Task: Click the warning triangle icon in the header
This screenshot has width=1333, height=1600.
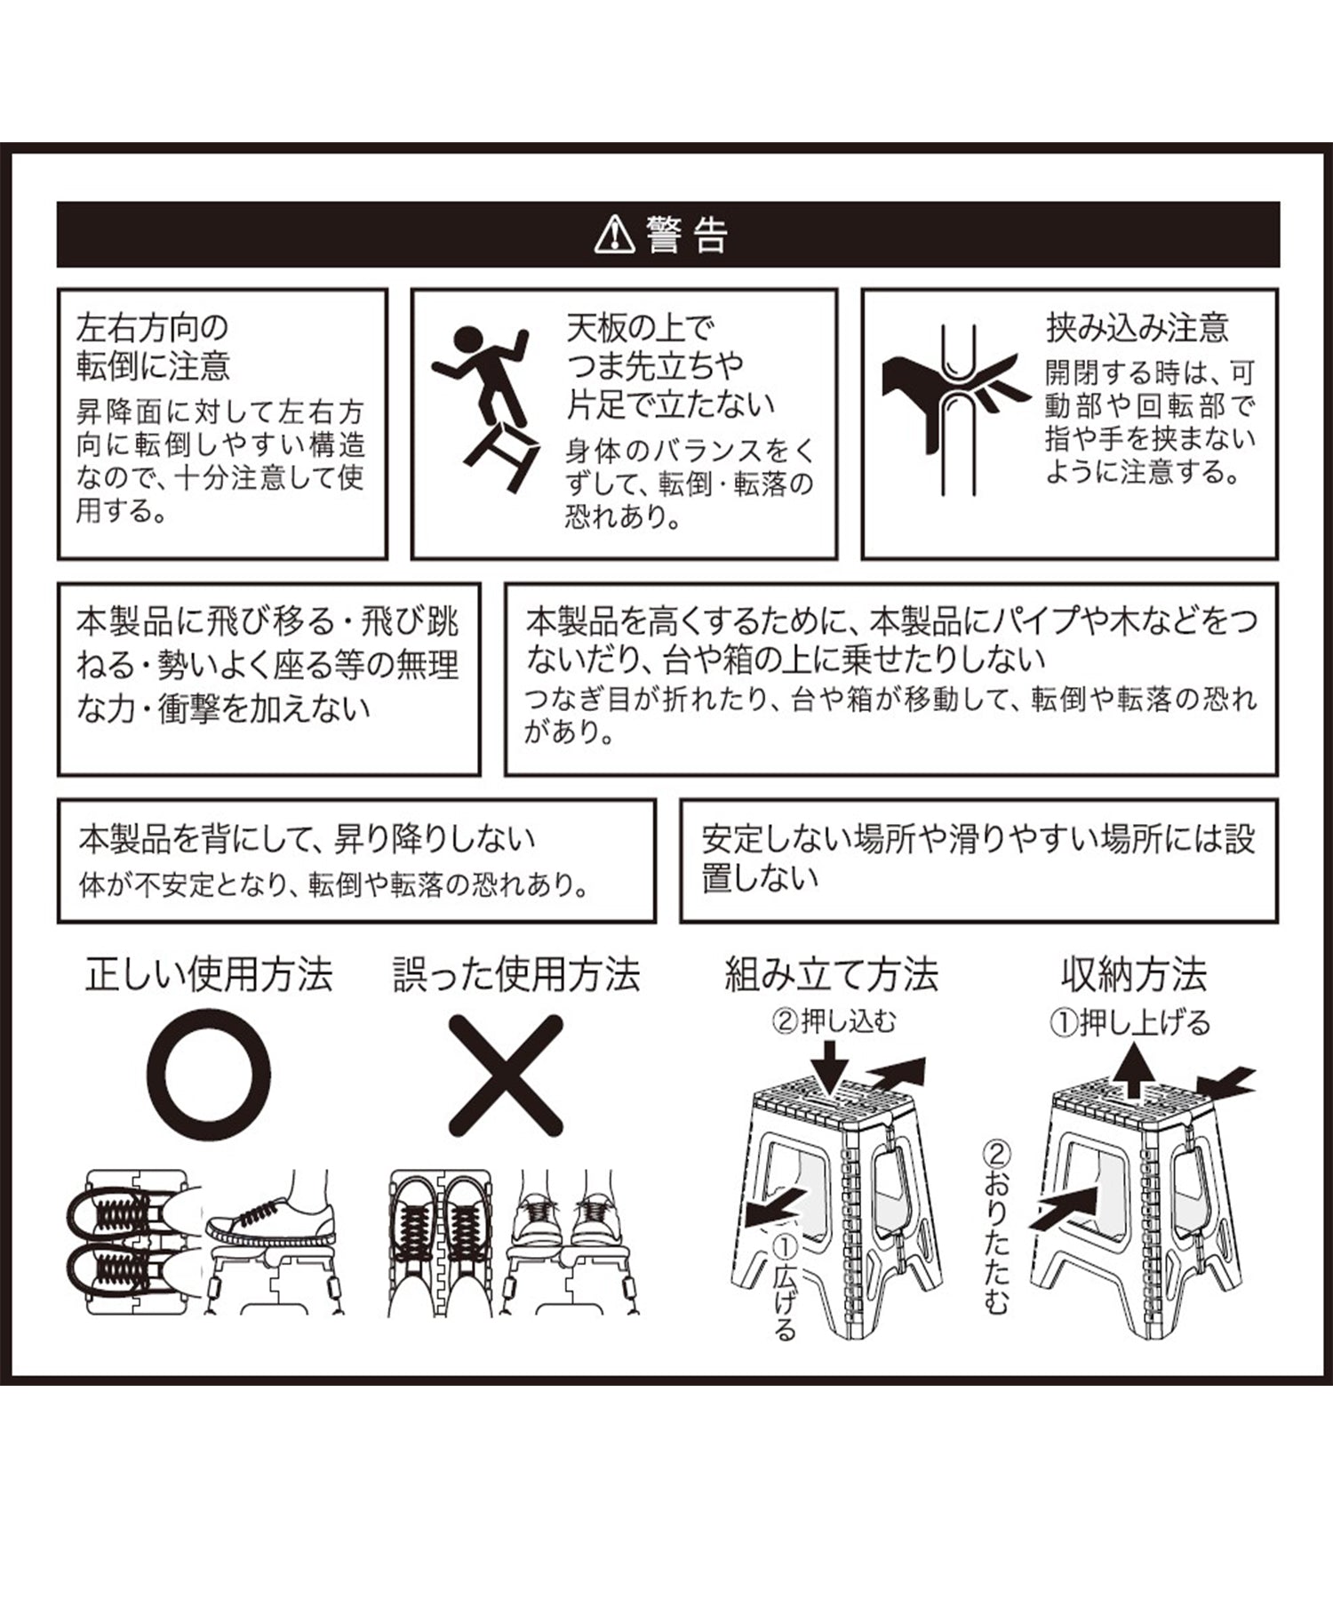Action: pyautogui.click(x=614, y=236)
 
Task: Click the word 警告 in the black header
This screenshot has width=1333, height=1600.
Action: pyautogui.click(x=688, y=236)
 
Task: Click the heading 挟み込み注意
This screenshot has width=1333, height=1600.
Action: pyautogui.click(x=1137, y=328)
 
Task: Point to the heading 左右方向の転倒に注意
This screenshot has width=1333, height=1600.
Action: pyautogui.click(x=153, y=347)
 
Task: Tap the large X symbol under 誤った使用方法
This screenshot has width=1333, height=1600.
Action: pyautogui.click(x=506, y=1076)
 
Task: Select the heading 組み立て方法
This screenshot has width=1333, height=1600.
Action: pyautogui.click(x=832, y=975)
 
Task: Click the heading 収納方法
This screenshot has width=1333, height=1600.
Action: pyautogui.click(x=1134, y=975)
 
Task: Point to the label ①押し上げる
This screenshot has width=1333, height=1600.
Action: pyautogui.click(x=1130, y=1023)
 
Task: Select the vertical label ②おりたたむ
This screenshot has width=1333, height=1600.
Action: pyautogui.click(x=997, y=1228)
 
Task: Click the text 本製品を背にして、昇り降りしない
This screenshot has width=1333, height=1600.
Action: pyautogui.click(x=307, y=839)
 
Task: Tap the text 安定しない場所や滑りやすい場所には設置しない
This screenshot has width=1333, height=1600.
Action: pyautogui.click(x=978, y=858)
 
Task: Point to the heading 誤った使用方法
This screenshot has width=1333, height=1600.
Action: pyautogui.click(x=516, y=975)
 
